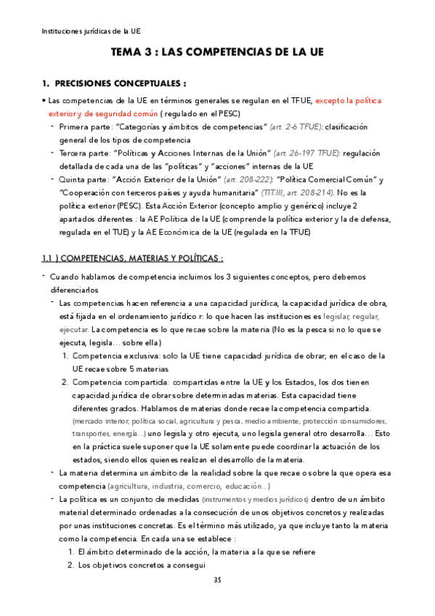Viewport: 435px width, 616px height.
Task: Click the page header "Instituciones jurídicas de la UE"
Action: tap(92, 31)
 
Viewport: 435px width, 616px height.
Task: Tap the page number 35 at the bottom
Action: tap(217, 580)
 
